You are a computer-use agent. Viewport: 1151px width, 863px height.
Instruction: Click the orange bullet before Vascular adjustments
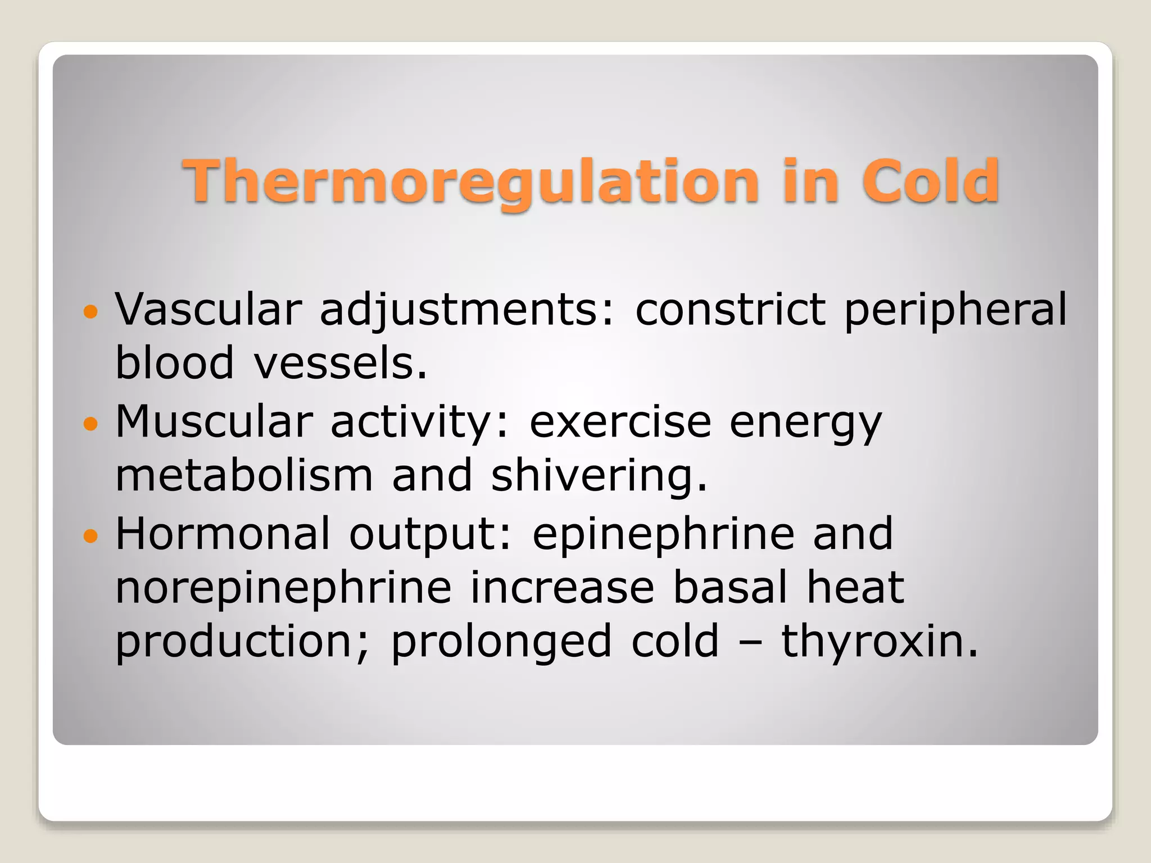(x=90, y=311)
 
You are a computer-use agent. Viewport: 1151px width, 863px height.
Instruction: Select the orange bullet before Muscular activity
(x=90, y=423)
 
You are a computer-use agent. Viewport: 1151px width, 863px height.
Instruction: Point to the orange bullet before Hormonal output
(x=90, y=535)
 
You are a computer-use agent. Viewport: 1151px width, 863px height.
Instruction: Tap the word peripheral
(x=955, y=311)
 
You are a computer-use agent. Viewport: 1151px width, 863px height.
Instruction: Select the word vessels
(x=341, y=364)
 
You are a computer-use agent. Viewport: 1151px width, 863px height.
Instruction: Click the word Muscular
(x=214, y=421)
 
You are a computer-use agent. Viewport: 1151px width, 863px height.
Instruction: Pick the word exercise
(x=620, y=421)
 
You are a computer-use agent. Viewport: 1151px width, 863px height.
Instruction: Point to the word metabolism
(x=244, y=475)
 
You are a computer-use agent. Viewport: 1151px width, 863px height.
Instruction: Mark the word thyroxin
(x=880, y=642)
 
